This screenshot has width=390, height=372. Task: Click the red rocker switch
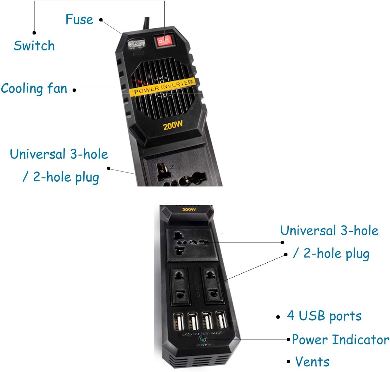coord(165,41)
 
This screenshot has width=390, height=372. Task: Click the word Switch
coord(34,46)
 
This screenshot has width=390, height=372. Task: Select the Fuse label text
coord(79,20)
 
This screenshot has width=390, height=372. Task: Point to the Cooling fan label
coord(34,89)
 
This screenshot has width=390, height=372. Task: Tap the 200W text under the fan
coord(173,125)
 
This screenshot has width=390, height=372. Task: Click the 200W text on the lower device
coord(189,209)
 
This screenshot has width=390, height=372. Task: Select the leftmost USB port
coord(178,322)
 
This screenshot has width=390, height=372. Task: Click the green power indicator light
coord(203,340)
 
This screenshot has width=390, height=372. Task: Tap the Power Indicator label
coord(340,339)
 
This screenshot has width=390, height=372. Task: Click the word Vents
coord(312,362)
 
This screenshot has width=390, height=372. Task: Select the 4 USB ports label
coord(324,316)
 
